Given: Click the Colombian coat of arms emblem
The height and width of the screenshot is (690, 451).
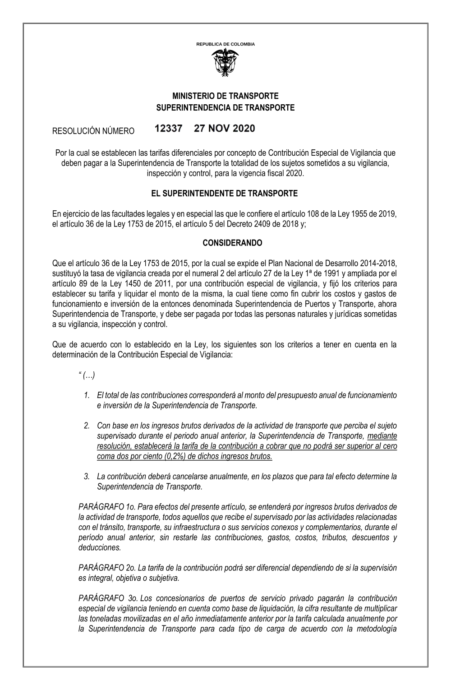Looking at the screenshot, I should click(x=225, y=63).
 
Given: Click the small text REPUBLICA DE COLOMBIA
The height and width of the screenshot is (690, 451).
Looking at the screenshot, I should click(x=225, y=44).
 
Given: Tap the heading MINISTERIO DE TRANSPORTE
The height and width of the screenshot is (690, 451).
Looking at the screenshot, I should click(x=225, y=96).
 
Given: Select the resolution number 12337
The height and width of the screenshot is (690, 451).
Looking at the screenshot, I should click(x=168, y=129).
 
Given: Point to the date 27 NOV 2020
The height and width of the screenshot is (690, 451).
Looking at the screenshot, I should click(x=225, y=129).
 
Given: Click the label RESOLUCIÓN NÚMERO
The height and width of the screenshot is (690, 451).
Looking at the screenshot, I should click(x=94, y=131).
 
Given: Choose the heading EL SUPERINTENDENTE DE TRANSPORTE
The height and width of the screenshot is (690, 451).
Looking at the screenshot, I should click(x=225, y=194).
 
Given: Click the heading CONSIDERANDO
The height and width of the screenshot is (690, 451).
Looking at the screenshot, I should click(x=225, y=243).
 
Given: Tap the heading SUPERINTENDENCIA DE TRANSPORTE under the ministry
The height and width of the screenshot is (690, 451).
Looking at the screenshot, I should click(x=225, y=108).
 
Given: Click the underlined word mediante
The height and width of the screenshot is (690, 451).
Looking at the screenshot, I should click(x=382, y=436).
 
